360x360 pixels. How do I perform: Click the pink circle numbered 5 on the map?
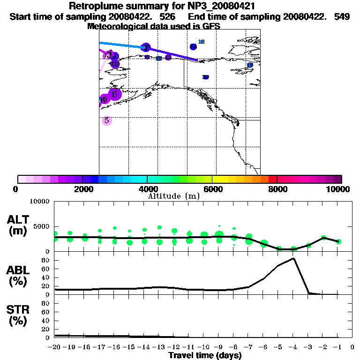(107, 120)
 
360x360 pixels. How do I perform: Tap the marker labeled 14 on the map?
(159, 59)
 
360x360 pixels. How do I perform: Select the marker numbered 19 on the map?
(250, 65)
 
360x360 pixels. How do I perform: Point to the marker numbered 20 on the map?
(205, 77)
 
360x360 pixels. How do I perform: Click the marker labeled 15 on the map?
(168, 57)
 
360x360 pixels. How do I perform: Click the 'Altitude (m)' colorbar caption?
(173, 196)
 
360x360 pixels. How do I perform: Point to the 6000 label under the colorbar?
(212, 189)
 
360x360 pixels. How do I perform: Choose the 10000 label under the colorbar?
(338, 189)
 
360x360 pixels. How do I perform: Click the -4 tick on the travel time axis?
(293, 347)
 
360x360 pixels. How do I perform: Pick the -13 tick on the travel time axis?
(159, 347)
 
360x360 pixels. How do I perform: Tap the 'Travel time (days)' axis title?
(205, 355)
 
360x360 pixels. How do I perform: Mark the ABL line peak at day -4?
(293, 258)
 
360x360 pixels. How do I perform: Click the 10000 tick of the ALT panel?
(39, 202)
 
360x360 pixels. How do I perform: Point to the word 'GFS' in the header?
(211, 26)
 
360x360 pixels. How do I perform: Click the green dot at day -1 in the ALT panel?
(338, 241)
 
